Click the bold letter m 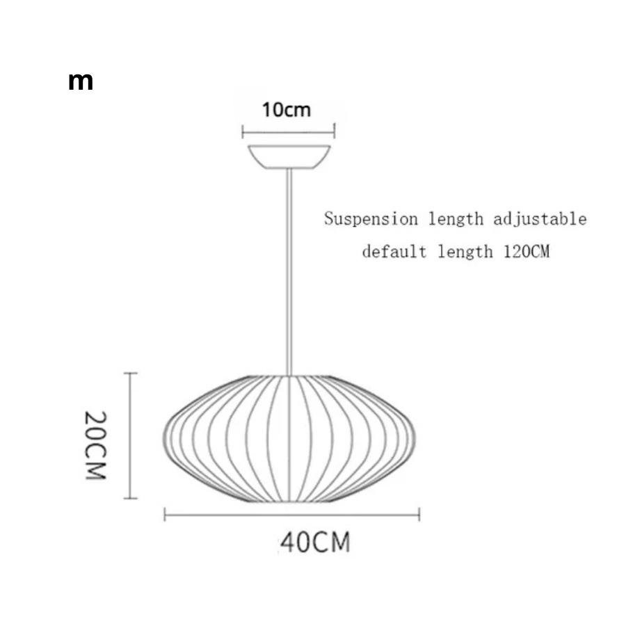click(81, 81)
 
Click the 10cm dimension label click(287, 110)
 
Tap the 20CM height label click(96, 445)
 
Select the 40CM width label click(315, 542)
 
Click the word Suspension click(371, 219)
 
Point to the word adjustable click(540, 220)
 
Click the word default click(394, 252)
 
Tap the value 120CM click(527, 252)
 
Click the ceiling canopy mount click(289, 157)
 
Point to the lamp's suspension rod click(289, 272)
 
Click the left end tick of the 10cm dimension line click(243, 131)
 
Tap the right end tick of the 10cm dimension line click(335, 131)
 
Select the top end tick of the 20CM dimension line click(130, 374)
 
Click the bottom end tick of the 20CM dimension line click(130, 498)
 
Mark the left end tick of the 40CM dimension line click(165, 514)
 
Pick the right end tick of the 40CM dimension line click(419, 514)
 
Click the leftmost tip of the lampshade click(163, 439)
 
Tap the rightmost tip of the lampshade click(415, 439)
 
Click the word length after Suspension click(456, 219)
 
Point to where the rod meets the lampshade click(289, 376)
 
